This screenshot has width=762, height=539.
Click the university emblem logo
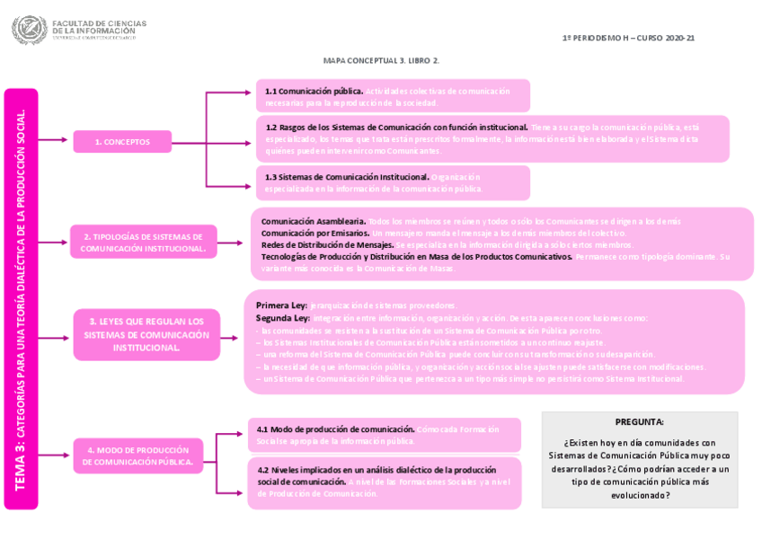tap(29, 30)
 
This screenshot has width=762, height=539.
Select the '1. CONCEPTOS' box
tap(122, 141)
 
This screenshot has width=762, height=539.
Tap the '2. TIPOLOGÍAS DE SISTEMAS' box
tap(144, 242)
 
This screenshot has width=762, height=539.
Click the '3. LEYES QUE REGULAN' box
tap(146, 334)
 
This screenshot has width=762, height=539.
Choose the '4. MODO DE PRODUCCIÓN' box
tap(138, 455)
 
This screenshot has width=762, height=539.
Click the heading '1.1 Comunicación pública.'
tap(314, 91)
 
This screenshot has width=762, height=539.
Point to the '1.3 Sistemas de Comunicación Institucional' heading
tap(347, 177)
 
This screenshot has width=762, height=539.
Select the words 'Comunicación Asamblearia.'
tap(314, 221)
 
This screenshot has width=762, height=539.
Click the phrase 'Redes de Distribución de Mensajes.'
tap(327, 244)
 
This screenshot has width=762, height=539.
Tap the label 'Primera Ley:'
tap(281, 305)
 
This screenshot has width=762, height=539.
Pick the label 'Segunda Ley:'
tap(283, 317)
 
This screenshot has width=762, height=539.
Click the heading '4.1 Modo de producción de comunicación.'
tap(336, 429)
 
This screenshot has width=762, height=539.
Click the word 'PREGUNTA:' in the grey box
tap(639, 421)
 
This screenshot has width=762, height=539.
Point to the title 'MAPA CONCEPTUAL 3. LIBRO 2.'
tap(381, 60)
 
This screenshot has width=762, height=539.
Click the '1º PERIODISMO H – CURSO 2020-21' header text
tap(628, 38)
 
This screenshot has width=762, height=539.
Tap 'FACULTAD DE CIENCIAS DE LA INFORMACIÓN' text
tap(99, 27)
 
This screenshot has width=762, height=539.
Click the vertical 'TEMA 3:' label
tap(21, 471)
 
